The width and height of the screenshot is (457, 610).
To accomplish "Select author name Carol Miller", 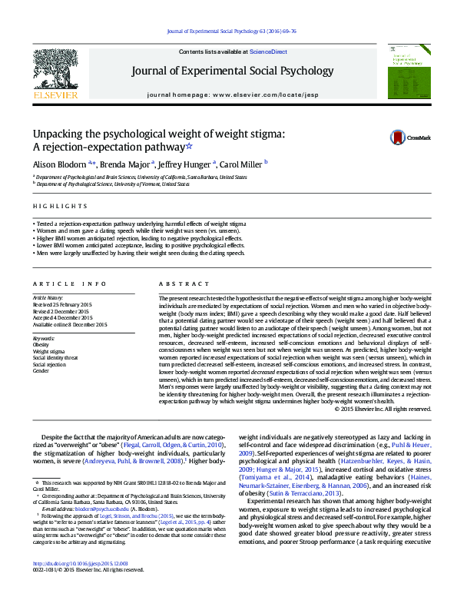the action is [241, 164].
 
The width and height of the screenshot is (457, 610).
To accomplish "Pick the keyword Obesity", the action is [41, 345].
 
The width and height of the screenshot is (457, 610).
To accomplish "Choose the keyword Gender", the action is [40, 370].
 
